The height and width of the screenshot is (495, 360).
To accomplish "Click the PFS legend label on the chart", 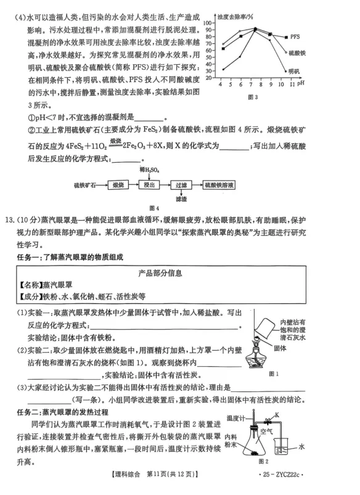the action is (x=297, y=37).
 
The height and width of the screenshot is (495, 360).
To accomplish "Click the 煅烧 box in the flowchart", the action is (x=120, y=184).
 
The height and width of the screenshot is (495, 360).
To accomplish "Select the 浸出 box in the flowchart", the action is (x=149, y=184).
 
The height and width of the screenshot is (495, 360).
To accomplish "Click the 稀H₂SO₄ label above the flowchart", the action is (x=149, y=168).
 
